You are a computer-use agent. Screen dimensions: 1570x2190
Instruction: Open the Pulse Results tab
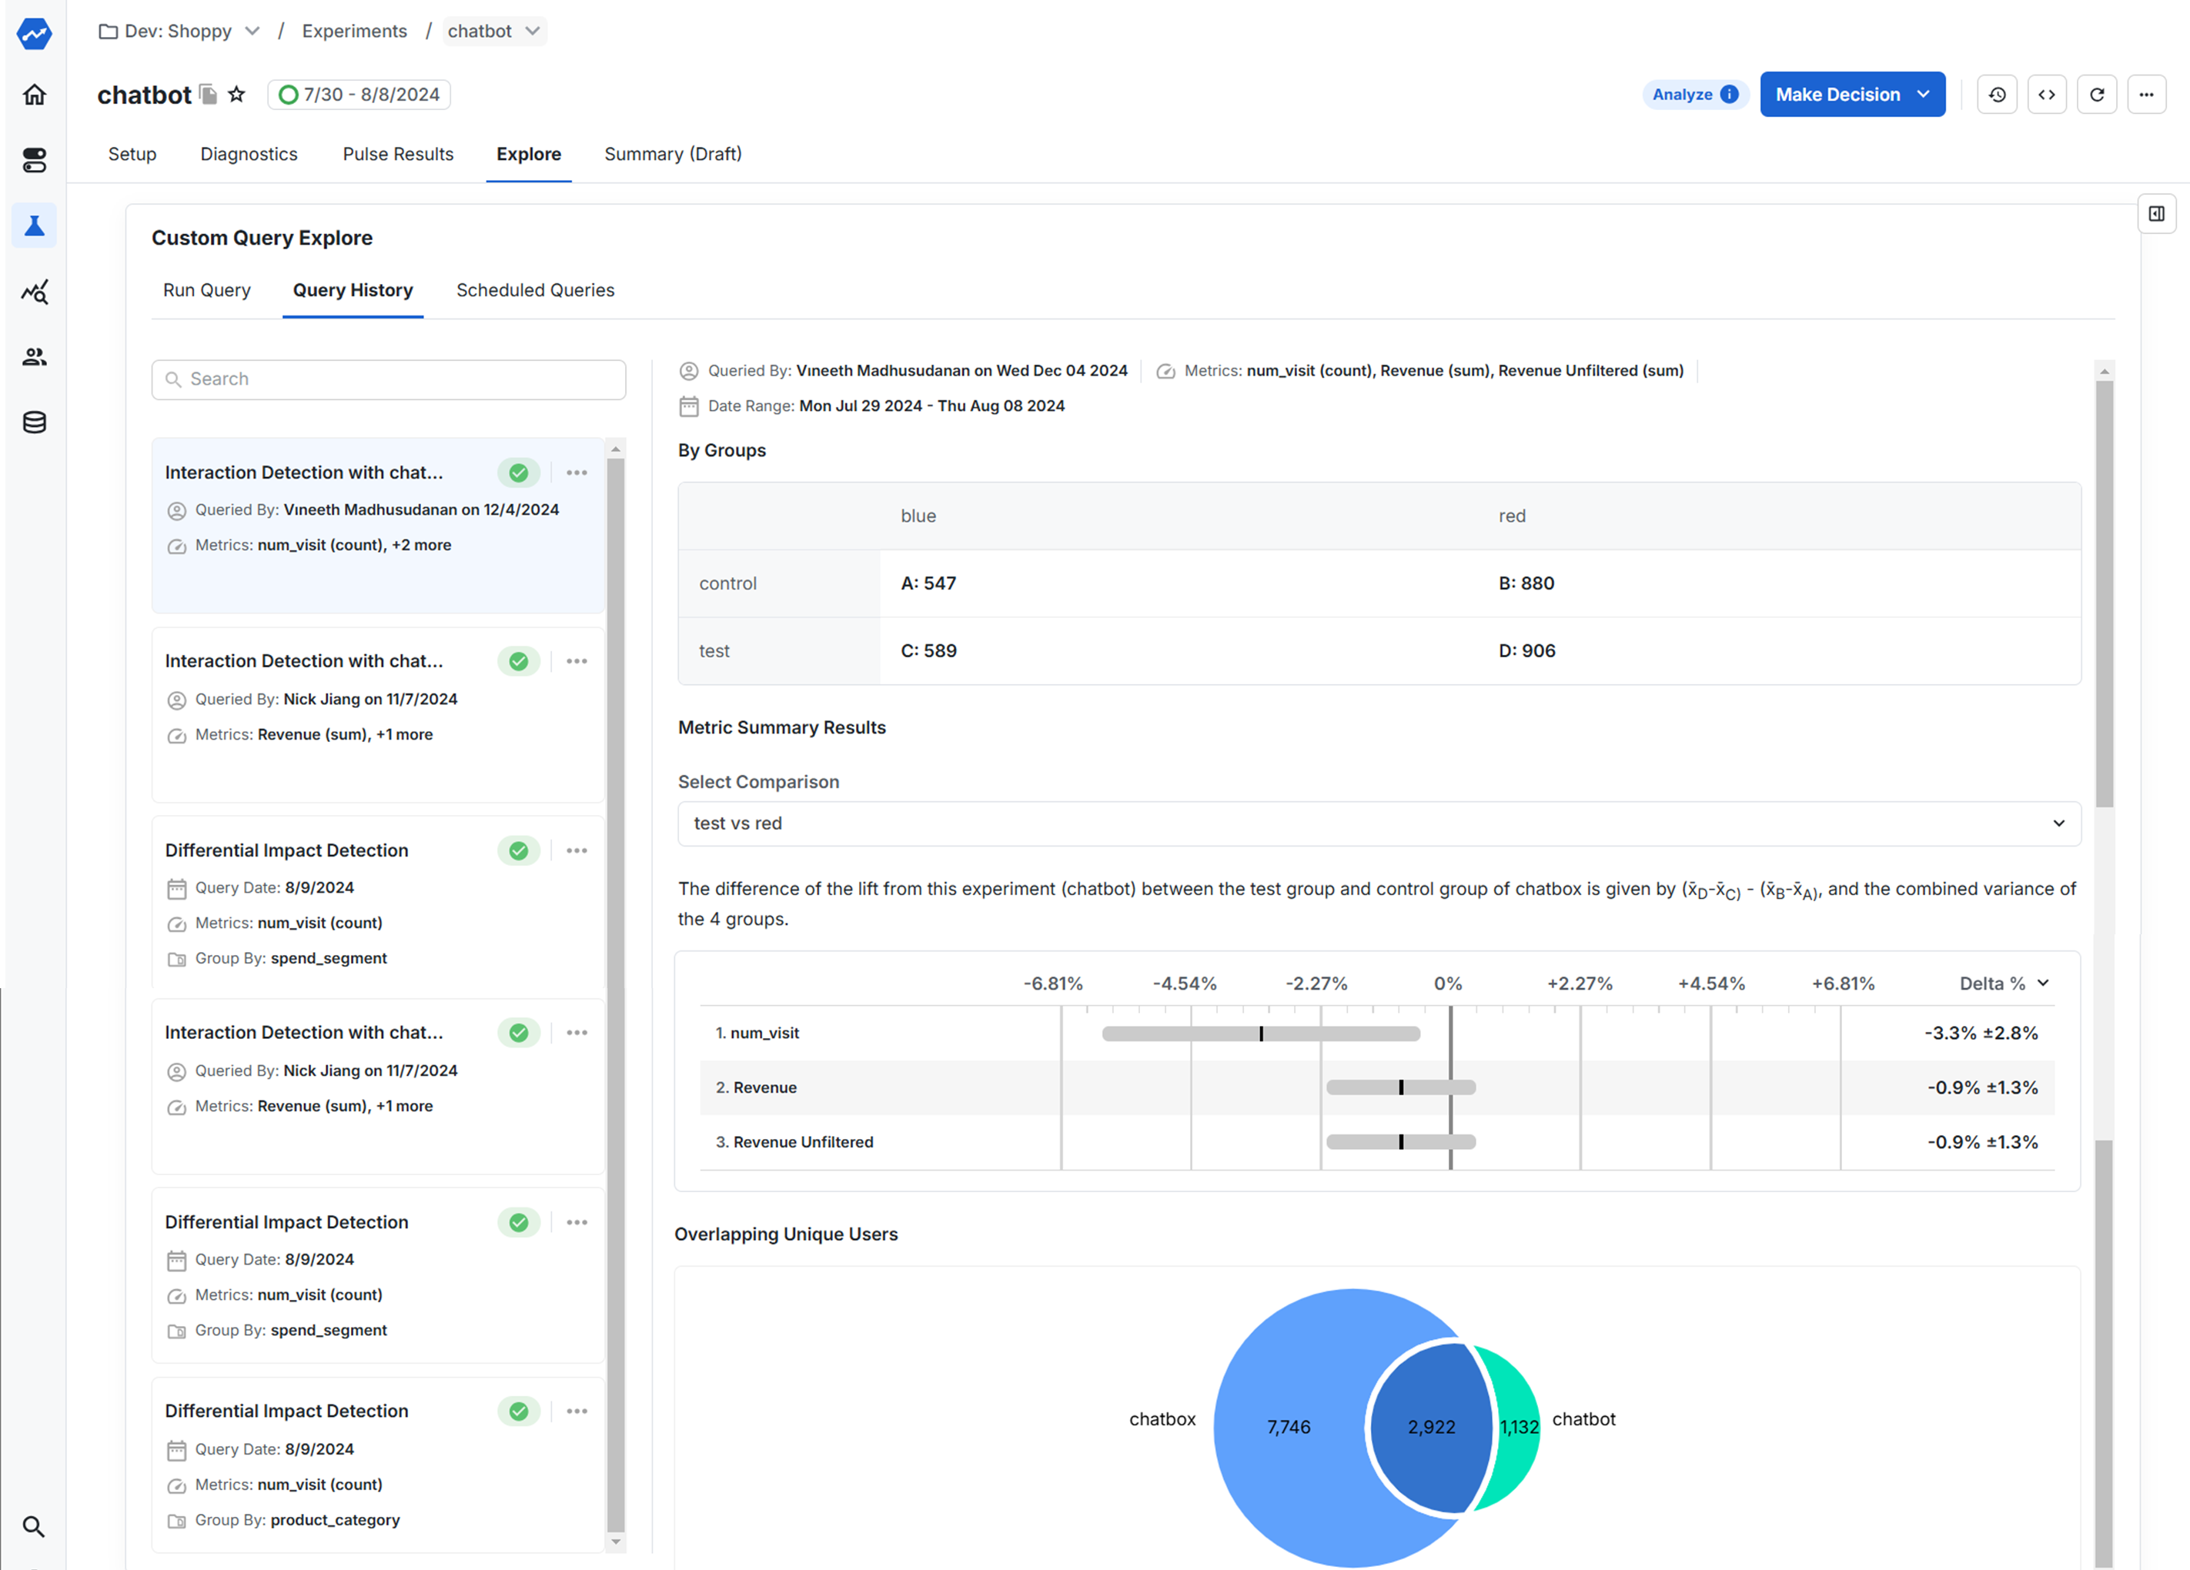398,155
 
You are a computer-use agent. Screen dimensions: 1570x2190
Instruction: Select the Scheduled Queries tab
535,291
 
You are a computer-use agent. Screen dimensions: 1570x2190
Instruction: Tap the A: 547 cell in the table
928,583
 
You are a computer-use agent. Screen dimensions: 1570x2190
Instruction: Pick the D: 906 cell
1526,651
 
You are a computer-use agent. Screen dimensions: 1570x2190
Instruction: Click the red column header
1512,516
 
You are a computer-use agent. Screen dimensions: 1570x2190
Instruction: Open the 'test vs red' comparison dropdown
1378,823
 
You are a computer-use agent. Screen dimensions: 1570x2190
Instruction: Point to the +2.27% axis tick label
1580,984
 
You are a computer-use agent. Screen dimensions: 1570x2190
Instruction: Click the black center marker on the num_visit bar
1261,1034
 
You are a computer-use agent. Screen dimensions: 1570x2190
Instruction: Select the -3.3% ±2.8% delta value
1981,1033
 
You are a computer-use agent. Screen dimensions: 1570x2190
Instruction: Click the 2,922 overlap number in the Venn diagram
1431,1427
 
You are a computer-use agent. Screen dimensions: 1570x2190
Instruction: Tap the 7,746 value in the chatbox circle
1288,1427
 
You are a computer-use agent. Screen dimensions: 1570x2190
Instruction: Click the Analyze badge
1693,95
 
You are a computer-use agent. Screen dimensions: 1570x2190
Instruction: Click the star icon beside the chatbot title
236,95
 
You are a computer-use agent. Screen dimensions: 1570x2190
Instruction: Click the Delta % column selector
2004,984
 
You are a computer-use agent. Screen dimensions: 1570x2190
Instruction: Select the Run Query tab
206,291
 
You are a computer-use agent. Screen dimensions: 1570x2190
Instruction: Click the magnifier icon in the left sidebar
34,1527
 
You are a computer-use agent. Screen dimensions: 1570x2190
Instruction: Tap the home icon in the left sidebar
34,95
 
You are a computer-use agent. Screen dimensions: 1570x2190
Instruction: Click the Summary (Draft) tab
673,155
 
